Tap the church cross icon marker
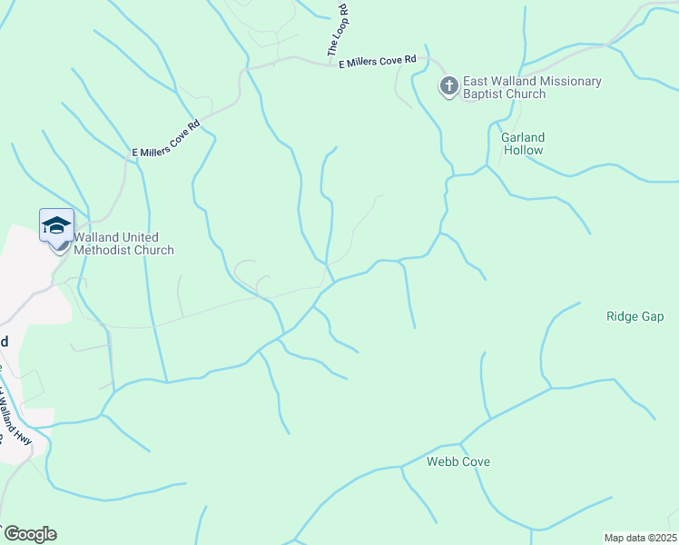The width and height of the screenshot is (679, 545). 448,87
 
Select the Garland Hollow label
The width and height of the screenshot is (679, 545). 523,144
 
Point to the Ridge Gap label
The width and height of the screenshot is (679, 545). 635,316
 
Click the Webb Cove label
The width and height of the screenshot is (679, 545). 458,461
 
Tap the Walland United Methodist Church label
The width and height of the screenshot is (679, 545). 123,243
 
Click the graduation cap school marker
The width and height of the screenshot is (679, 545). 56,225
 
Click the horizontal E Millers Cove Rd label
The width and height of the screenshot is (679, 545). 377,62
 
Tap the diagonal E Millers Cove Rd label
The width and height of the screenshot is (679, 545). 165,139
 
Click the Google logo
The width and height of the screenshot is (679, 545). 29,534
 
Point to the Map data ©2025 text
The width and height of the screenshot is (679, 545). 640,538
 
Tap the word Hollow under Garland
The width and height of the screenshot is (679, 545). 523,150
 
